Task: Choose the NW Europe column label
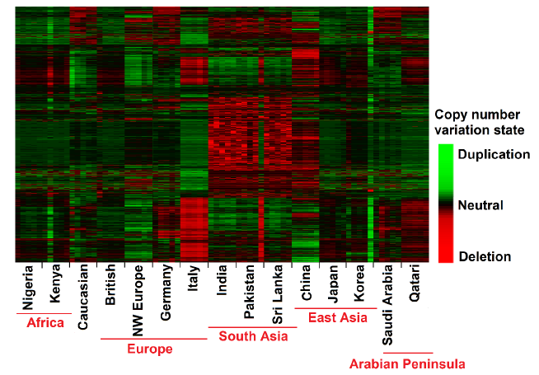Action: coord(138,298)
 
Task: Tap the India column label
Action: coord(222,279)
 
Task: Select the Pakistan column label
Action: coord(250,289)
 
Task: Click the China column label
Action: coord(306,281)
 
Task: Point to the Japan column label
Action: coord(332,282)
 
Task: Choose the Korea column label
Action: coord(360,282)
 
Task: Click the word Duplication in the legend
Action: coord(494,153)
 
